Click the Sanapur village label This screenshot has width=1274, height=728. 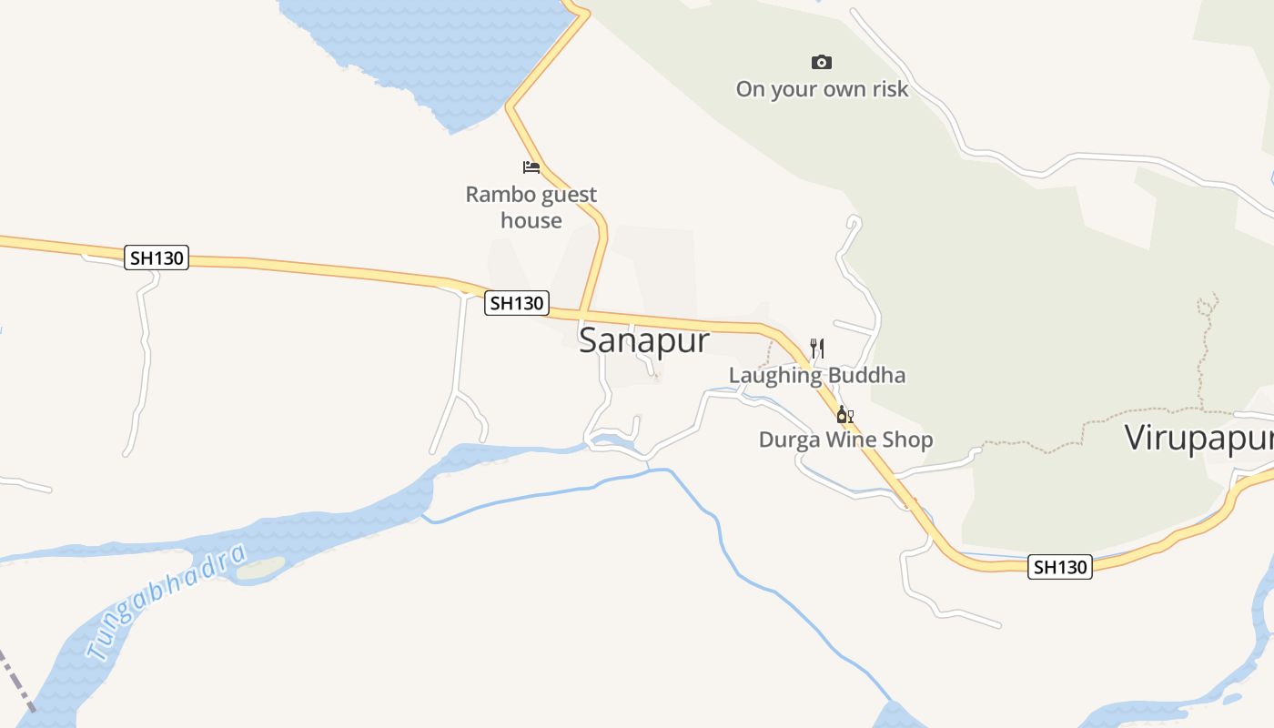pos(643,340)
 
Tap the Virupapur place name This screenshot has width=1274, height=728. pos(1198,438)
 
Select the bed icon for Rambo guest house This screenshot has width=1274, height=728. pos(531,167)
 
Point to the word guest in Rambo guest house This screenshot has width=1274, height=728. pos(570,194)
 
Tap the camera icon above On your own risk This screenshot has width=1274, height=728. pos(822,62)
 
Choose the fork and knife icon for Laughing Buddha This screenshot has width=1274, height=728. pos(817,348)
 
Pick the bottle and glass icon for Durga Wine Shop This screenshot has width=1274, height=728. pos(845,416)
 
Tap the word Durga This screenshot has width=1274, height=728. pos(789,440)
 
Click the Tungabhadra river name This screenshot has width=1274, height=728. pos(167,602)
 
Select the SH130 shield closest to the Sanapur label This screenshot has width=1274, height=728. pos(516,303)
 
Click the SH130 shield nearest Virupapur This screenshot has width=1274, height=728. pos(1060,567)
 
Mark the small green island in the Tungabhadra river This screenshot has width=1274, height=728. pos(261,569)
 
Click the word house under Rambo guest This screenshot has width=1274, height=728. pos(531,220)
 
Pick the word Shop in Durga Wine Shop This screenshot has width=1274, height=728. pos(910,440)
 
